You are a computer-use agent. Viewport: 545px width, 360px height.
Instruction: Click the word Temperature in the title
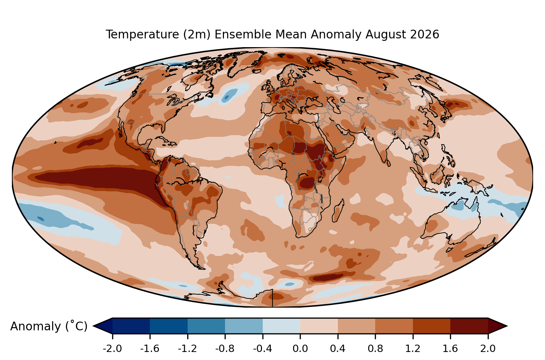click(142, 35)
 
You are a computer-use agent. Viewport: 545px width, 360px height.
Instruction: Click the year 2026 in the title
click(424, 34)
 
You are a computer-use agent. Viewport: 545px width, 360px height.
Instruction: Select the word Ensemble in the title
click(243, 34)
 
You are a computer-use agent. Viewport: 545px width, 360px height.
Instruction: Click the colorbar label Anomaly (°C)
click(49, 326)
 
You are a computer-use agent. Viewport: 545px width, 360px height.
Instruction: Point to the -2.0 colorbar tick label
click(112, 349)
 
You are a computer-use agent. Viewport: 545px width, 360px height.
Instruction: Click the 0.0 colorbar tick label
click(300, 349)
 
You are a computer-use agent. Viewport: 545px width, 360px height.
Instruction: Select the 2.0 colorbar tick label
click(488, 349)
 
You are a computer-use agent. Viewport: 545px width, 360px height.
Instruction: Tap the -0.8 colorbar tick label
click(225, 349)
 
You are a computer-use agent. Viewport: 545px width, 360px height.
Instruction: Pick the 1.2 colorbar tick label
click(413, 349)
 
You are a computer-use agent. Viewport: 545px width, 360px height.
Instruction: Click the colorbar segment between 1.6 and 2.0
click(469, 326)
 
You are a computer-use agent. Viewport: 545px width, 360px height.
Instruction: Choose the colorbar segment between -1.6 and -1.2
click(169, 326)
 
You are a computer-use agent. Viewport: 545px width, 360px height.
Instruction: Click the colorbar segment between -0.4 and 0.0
click(282, 326)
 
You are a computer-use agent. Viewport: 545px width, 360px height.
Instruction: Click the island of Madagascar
click(338, 211)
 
